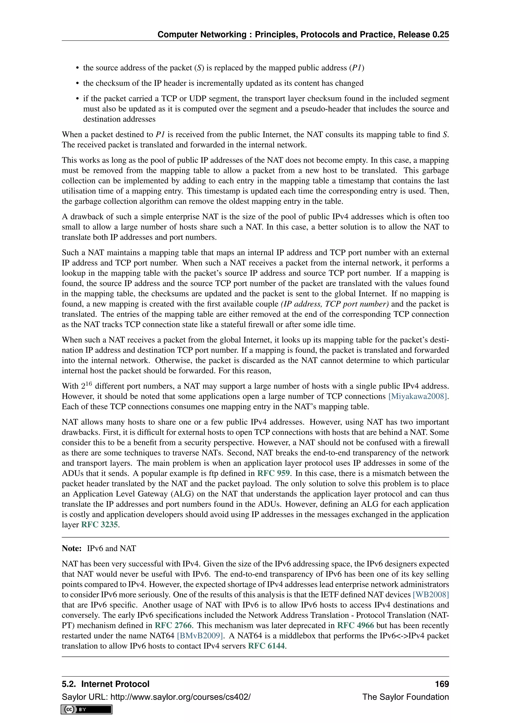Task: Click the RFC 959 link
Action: point(273,473)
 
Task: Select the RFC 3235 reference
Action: point(100,525)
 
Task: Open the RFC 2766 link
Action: point(173,625)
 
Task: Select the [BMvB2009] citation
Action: point(200,636)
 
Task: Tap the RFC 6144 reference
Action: point(266,646)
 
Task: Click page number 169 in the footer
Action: point(442,684)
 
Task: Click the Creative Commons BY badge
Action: point(87,710)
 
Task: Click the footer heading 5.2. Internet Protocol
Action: point(105,684)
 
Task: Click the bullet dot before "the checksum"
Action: point(77,83)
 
